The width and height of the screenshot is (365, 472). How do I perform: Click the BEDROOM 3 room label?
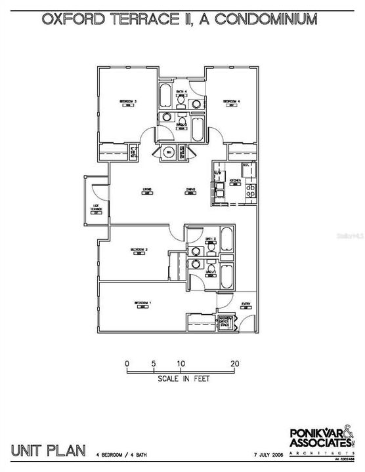click(x=127, y=102)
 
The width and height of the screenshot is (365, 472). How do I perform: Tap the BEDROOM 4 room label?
click(x=230, y=102)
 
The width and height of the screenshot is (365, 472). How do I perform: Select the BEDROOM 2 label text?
click(x=137, y=250)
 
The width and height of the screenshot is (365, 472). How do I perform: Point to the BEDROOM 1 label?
click(x=142, y=303)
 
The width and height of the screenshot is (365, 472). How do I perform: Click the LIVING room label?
click(x=148, y=191)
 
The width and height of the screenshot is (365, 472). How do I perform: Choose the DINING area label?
click(x=190, y=191)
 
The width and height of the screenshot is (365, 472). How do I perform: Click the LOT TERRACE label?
click(x=96, y=209)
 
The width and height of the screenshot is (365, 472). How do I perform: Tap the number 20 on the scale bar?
click(x=235, y=363)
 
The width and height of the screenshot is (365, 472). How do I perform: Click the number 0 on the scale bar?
click(x=127, y=363)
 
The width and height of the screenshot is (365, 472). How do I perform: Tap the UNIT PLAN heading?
click(x=49, y=450)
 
